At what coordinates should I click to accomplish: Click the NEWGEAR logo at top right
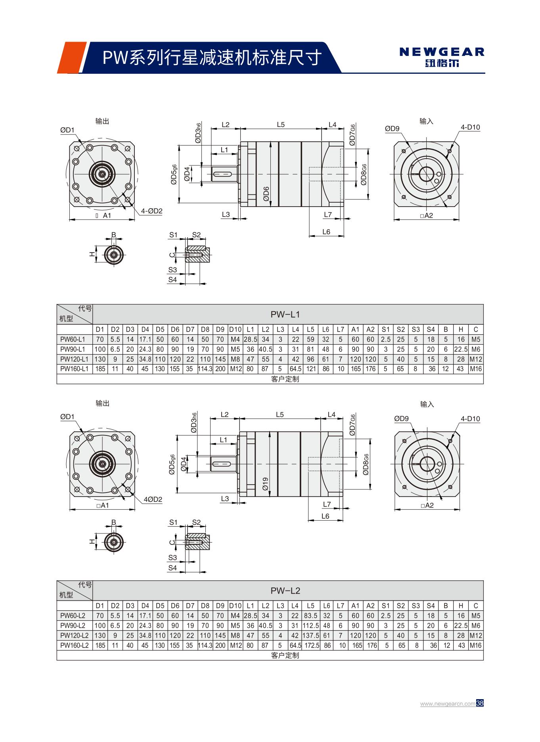coord(442,57)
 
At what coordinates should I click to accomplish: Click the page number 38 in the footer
coord(480,703)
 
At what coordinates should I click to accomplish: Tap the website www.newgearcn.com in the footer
coord(448,704)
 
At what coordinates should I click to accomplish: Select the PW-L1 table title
coord(285,314)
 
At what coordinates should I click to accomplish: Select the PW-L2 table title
coord(285,591)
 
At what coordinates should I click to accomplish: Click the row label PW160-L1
coord(74,369)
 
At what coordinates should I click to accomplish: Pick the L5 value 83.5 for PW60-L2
coord(310,615)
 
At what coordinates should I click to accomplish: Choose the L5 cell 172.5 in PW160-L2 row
coord(312,645)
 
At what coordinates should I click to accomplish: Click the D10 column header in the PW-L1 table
coord(235,329)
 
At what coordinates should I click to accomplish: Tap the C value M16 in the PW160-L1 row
coord(475,369)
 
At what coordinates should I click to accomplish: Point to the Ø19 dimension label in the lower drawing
coord(266,483)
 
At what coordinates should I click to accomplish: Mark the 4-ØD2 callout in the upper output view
coord(152,211)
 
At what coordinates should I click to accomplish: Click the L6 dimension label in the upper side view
coord(326,232)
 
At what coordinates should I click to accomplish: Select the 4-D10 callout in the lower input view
coord(470,419)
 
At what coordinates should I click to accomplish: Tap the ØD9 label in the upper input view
coord(392,128)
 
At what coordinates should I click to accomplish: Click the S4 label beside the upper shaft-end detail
coord(172,280)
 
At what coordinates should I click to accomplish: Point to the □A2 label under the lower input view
coord(427,505)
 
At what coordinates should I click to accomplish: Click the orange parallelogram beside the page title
coord(72,58)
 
